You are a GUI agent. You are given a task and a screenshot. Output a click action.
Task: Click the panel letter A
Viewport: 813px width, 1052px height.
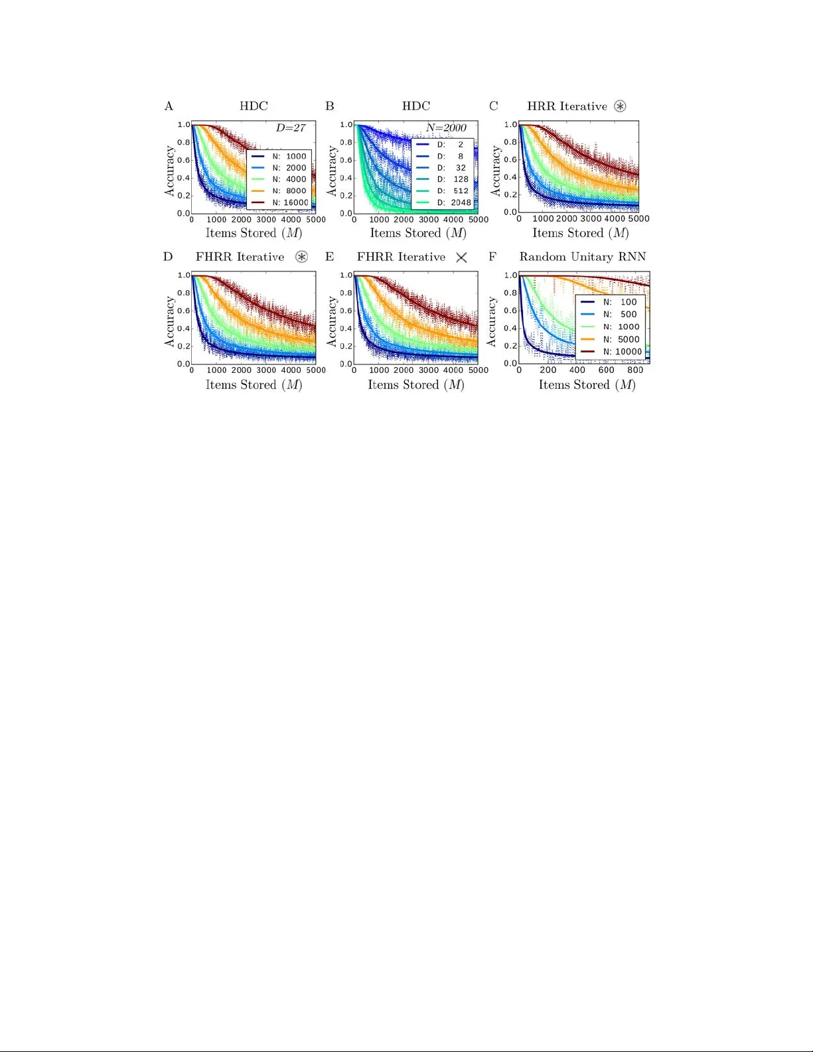point(169,106)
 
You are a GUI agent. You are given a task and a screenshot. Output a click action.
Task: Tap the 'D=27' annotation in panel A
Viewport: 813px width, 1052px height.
point(291,127)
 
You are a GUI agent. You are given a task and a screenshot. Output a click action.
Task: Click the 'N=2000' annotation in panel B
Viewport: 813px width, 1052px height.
point(446,127)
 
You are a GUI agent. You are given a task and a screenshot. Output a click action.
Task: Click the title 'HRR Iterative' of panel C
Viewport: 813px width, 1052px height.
point(567,106)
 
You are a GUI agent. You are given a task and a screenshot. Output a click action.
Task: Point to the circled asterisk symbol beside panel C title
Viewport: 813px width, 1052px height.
point(620,106)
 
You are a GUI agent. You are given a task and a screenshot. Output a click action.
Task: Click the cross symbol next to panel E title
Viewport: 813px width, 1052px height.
point(462,258)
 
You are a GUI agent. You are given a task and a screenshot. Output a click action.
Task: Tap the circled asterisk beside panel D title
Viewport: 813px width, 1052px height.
point(301,257)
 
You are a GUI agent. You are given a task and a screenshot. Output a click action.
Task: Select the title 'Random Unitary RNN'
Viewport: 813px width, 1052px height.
point(582,257)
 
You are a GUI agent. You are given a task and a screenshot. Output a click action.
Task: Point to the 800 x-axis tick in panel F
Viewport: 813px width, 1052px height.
point(635,370)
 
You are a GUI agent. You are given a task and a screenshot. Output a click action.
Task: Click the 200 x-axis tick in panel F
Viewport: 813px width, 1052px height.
point(548,370)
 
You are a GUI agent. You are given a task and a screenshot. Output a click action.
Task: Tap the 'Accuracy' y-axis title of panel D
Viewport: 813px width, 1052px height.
point(169,321)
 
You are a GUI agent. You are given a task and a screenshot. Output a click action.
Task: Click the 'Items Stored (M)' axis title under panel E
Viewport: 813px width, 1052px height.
point(416,385)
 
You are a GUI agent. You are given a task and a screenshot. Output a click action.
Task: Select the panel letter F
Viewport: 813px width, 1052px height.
point(492,257)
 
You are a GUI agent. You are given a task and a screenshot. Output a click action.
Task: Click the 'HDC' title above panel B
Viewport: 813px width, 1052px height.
point(416,106)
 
